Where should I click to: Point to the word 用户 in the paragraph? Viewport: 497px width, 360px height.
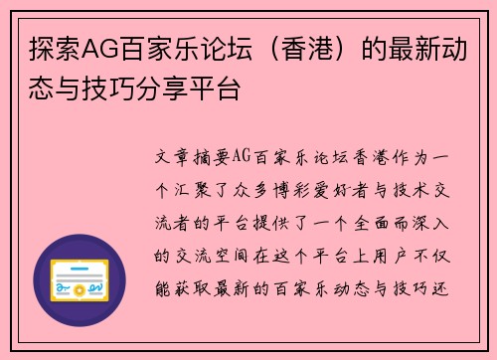point(389,256)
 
